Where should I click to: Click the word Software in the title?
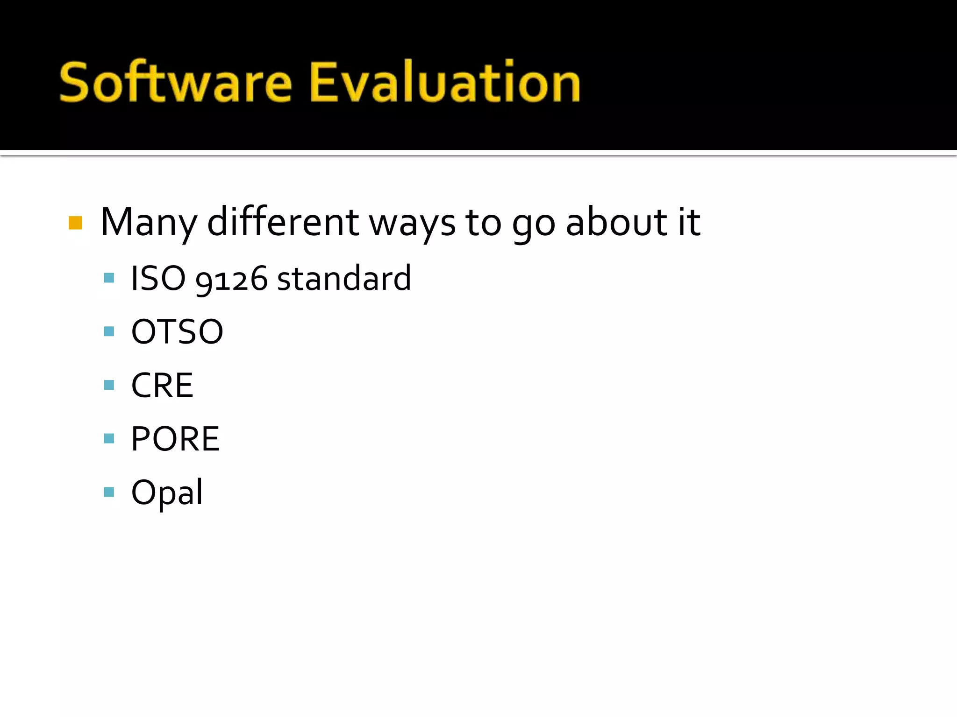175,83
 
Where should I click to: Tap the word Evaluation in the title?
445,83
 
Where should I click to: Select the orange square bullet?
75,223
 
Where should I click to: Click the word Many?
149,223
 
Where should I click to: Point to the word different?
283,222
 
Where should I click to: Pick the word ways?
412,224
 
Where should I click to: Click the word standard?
344,279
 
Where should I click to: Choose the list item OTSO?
177,332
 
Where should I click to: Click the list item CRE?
162,386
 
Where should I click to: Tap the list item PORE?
175,439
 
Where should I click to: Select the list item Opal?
167,493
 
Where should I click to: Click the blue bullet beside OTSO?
109,331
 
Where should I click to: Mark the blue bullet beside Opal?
109,492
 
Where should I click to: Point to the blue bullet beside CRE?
109,385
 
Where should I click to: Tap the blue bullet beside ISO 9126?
109,278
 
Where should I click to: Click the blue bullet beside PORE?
109,438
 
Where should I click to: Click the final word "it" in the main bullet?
689,222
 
